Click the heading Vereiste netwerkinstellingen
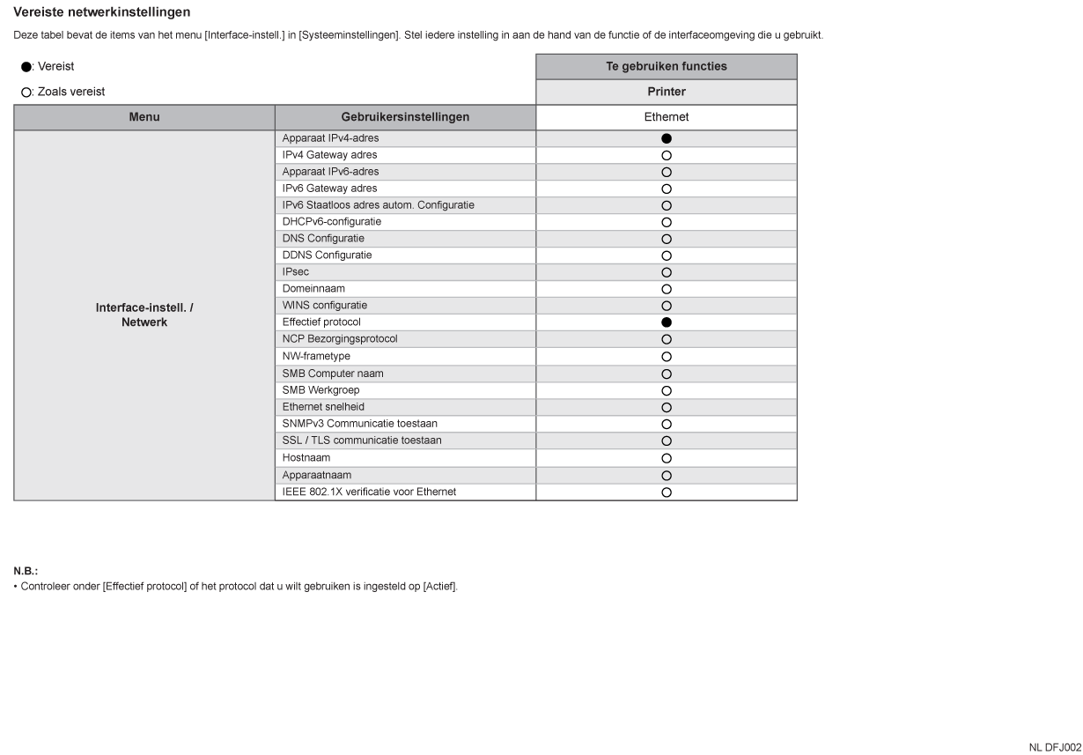click(102, 12)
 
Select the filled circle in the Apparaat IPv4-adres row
click(667, 138)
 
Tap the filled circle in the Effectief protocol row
click(667, 322)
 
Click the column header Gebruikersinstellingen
click(405, 117)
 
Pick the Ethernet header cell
click(667, 117)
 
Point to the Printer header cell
click(667, 92)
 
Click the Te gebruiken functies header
click(667, 66)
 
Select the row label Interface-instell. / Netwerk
click(144, 315)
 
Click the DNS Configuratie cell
click(323, 239)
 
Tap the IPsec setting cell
click(296, 272)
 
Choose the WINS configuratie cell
click(324, 306)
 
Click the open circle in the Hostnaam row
click(667, 458)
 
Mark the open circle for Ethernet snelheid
click(667, 408)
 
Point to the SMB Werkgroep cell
click(320, 390)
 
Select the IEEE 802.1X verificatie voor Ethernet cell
click(369, 492)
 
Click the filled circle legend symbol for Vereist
click(26, 67)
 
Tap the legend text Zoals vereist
click(71, 92)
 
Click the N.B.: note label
click(26, 571)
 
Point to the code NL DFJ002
click(1055, 747)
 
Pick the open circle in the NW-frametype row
click(667, 357)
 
